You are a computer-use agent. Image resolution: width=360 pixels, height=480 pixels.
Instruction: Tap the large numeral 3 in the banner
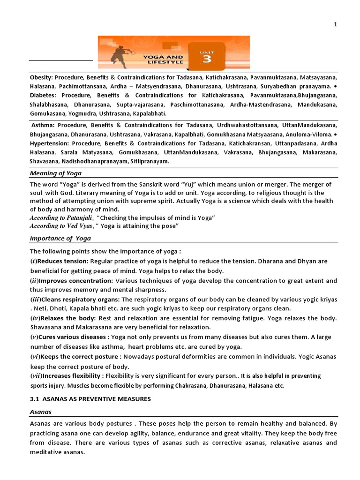pyautogui.click(x=207, y=59)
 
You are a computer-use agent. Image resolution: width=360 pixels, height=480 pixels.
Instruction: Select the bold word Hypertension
pyautogui.click(x=50, y=143)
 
